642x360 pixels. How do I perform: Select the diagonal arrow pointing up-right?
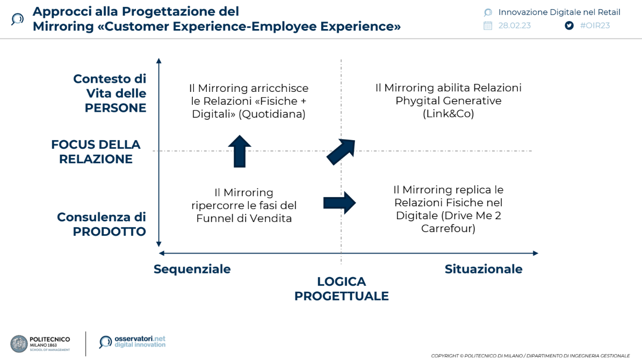[x=341, y=152]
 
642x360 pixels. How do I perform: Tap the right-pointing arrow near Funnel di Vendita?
[x=340, y=203]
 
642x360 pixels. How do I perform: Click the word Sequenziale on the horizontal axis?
[x=192, y=269]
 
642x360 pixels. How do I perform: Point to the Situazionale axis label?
[x=483, y=269]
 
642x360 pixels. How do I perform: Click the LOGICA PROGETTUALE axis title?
[x=341, y=289]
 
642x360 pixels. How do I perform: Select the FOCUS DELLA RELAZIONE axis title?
[x=96, y=152]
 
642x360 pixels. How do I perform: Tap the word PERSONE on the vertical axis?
[x=116, y=108]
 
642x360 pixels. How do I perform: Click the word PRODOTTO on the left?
[x=110, y=232]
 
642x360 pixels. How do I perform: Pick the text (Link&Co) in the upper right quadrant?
[x=448, y=114]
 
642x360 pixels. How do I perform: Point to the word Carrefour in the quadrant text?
[x=448, y=229]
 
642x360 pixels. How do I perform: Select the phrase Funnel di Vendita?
[x=244, y=219]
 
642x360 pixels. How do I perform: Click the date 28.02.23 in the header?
[x=514, y=25]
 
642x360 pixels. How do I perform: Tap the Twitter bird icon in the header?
[x=569, y=25]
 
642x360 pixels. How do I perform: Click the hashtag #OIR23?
[x=595, y=25]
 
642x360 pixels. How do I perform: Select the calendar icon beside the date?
[x=488, y=25]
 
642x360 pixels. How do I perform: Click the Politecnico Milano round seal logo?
[x=19, y=344]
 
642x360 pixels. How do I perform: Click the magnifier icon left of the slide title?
[x=17, y=19]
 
